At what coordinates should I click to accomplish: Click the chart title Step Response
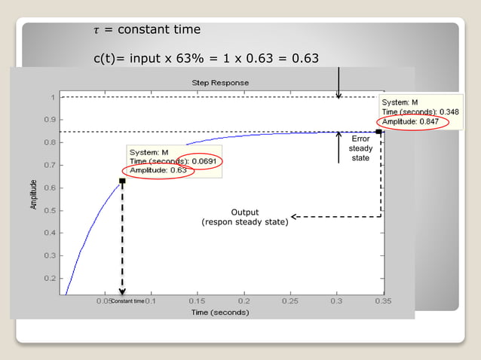coord(221,82)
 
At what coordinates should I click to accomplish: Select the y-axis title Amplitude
coord(34,194)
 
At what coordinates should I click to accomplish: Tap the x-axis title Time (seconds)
coord(219,312)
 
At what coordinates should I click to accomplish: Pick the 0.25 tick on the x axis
coord(290,301)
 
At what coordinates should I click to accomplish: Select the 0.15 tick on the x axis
coord(196,301)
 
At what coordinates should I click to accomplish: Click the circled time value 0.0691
coord(206,161)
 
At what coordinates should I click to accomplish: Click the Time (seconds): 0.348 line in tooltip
coord(419,111)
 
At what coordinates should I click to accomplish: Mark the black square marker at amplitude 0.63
coord(122,181)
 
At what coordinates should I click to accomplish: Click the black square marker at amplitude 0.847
coord(378,132)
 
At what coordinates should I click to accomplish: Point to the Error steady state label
coord(360,148)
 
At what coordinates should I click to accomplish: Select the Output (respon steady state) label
coord(244,217)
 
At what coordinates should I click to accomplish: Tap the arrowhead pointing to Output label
coord(295,217)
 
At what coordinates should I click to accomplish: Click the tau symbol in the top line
coord(96,30)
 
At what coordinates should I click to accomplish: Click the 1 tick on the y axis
coord(51,97)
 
